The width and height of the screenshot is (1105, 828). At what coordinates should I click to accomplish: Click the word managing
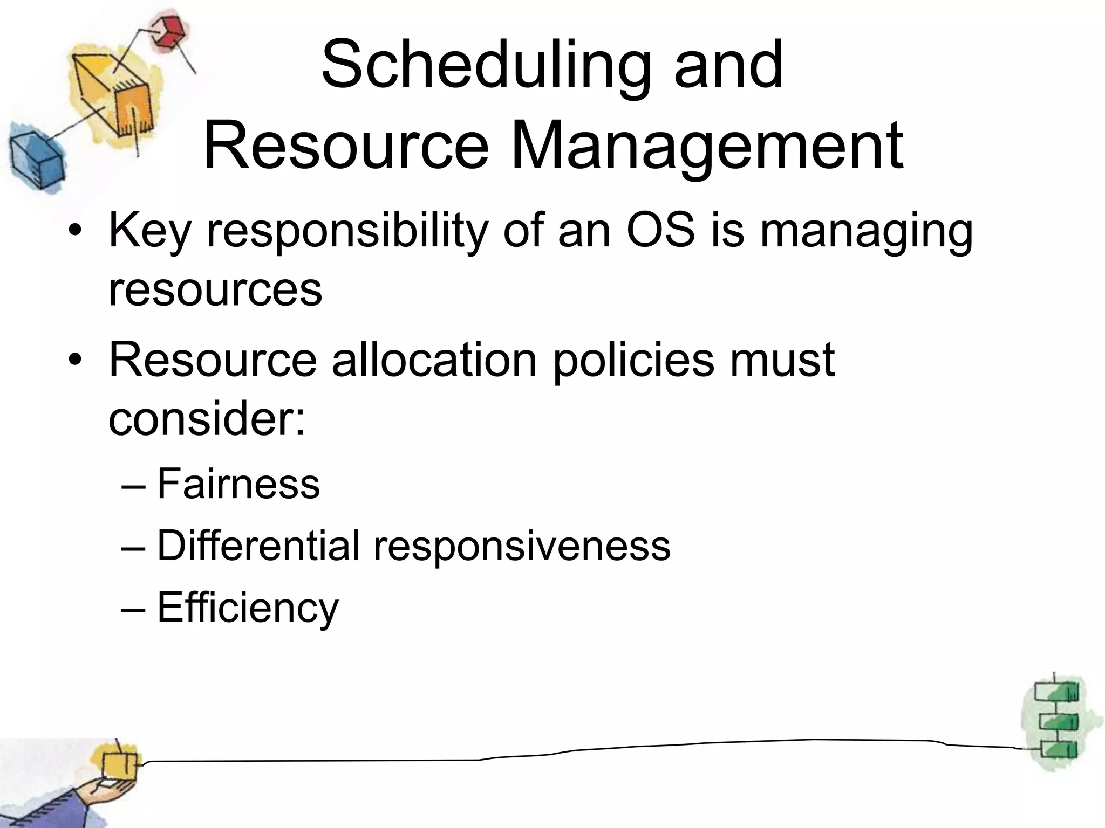(866, 232)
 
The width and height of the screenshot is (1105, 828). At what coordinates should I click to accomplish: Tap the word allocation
(434, 360)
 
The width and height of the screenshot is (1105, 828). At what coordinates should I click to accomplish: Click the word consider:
(207, 420)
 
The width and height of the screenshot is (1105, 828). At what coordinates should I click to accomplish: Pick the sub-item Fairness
(238, 485)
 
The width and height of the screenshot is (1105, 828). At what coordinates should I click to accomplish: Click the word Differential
(258, 546)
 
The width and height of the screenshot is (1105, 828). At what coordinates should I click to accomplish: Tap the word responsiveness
(522, 546)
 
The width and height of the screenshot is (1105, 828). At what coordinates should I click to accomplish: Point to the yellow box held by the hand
(120, 765)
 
